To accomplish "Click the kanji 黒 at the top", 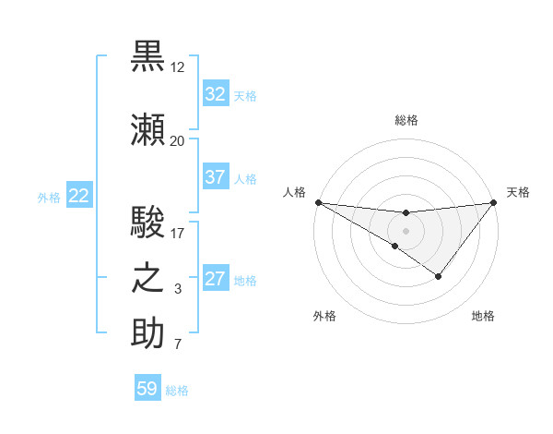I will [148, 54].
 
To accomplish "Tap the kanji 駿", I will [148, 222].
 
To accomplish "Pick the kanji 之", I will [148, 277].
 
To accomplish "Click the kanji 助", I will [148, 333].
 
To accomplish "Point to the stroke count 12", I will [178, 67].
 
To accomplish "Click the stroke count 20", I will [177, 141].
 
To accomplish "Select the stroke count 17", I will [177, 234].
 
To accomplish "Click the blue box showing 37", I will [215, 177].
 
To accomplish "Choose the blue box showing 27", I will [215, 279].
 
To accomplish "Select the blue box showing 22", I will [79, 196].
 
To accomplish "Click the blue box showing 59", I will [147, 389].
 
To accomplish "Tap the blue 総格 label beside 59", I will [177, 391].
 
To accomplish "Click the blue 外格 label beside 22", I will [49, 197].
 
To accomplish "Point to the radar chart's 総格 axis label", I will [406, 120].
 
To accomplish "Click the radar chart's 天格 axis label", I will [519, 192].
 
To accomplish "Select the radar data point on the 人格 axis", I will [318, 202].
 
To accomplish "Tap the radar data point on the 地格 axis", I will [439, 276].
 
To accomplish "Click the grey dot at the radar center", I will [406, 229].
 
